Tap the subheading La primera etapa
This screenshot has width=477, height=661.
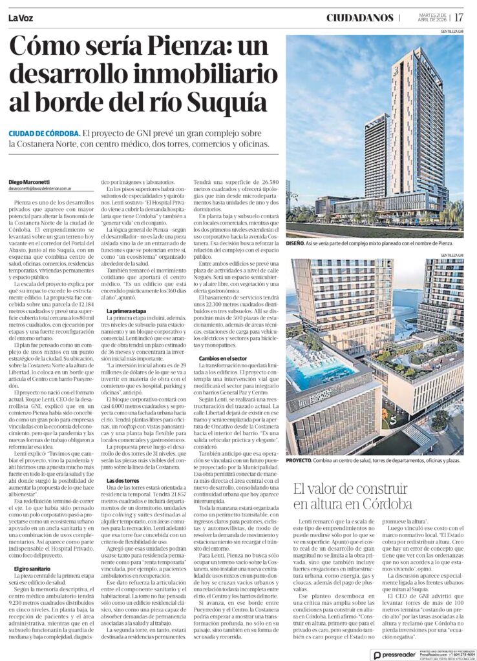(127, 310)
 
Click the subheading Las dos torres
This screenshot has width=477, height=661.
(123, 480)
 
